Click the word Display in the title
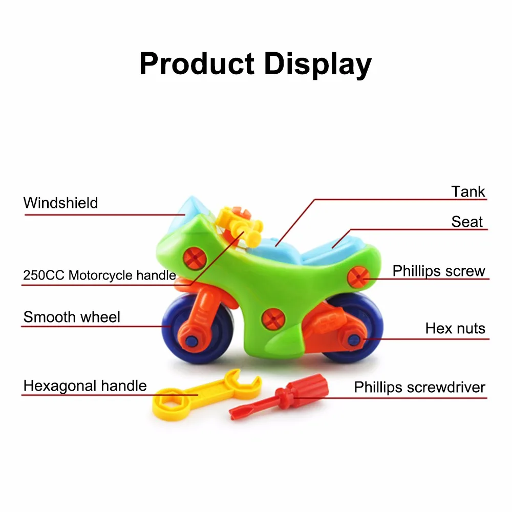click(x=318, y=65)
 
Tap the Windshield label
click(x=60, y=203)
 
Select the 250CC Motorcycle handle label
click(x=100, y=275)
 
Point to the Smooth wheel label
click(x=72, y=317)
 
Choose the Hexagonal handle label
click(x=85, y=386)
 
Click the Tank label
click(x=468, y=191)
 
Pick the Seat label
click(x=467, y=222)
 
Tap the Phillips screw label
click(x=439, y=271)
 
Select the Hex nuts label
click(x=455, y=328)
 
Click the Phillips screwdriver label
click(x=420, y=387)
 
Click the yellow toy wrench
click(x=206, y=394)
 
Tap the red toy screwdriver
click(x=279, y=396)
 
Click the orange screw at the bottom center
click(x=273, y=319)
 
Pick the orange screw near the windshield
click(x=195, y=258)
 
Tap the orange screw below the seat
click(x=358, y=277)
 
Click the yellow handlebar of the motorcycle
click(x=240, y=225)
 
